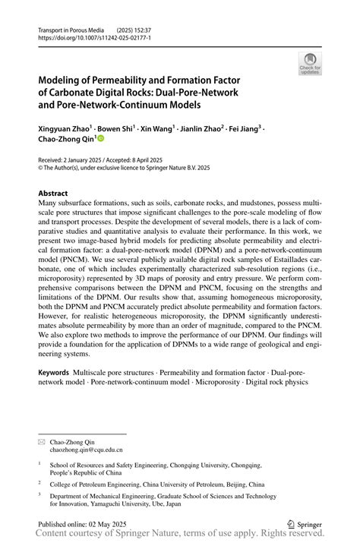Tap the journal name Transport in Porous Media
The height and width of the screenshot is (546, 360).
tap(71, 28)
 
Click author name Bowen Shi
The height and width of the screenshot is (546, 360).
tap(117, 128)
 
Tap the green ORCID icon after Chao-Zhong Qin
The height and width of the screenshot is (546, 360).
tap(99, 140)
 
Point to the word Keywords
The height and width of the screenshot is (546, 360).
tap(54, 374)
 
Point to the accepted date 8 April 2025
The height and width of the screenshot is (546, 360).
tap(160, 161)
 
